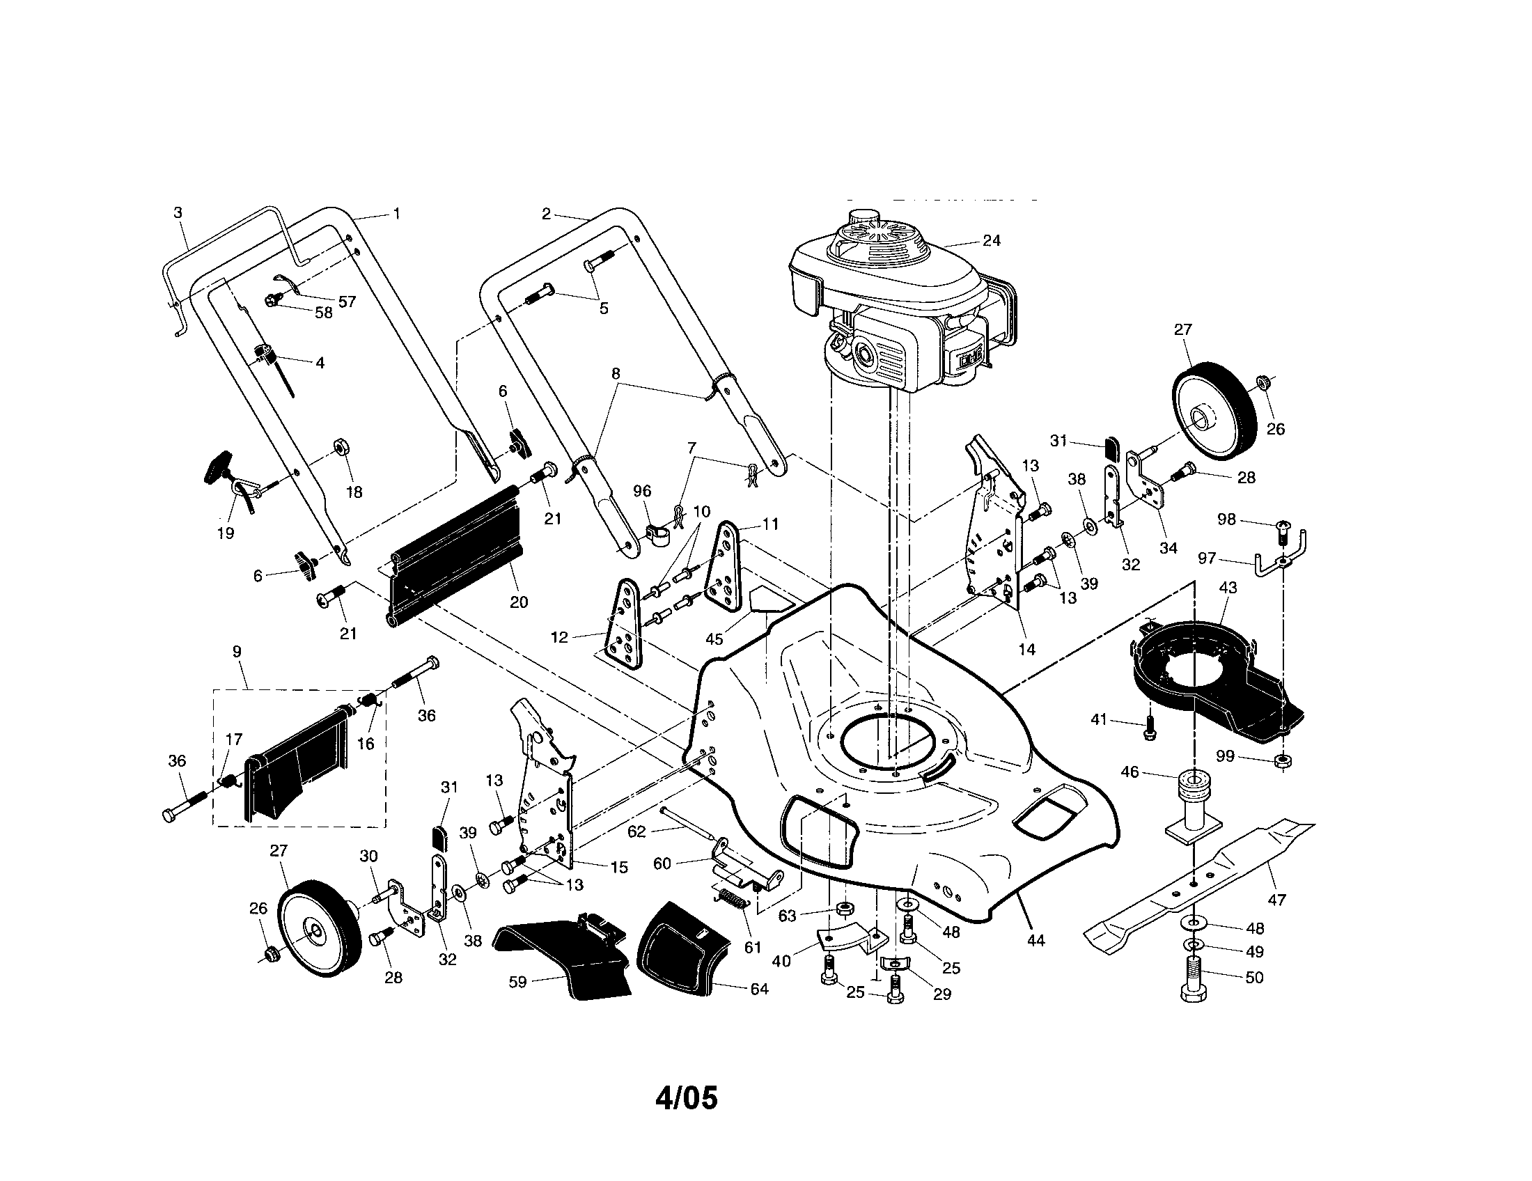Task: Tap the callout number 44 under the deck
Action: point(1035,941)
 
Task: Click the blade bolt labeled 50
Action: point(1192,981)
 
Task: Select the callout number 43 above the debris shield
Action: point(1228,588)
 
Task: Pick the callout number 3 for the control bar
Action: point(178,212)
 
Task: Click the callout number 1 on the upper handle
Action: point(397,213)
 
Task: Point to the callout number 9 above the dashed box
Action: point(237,652)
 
